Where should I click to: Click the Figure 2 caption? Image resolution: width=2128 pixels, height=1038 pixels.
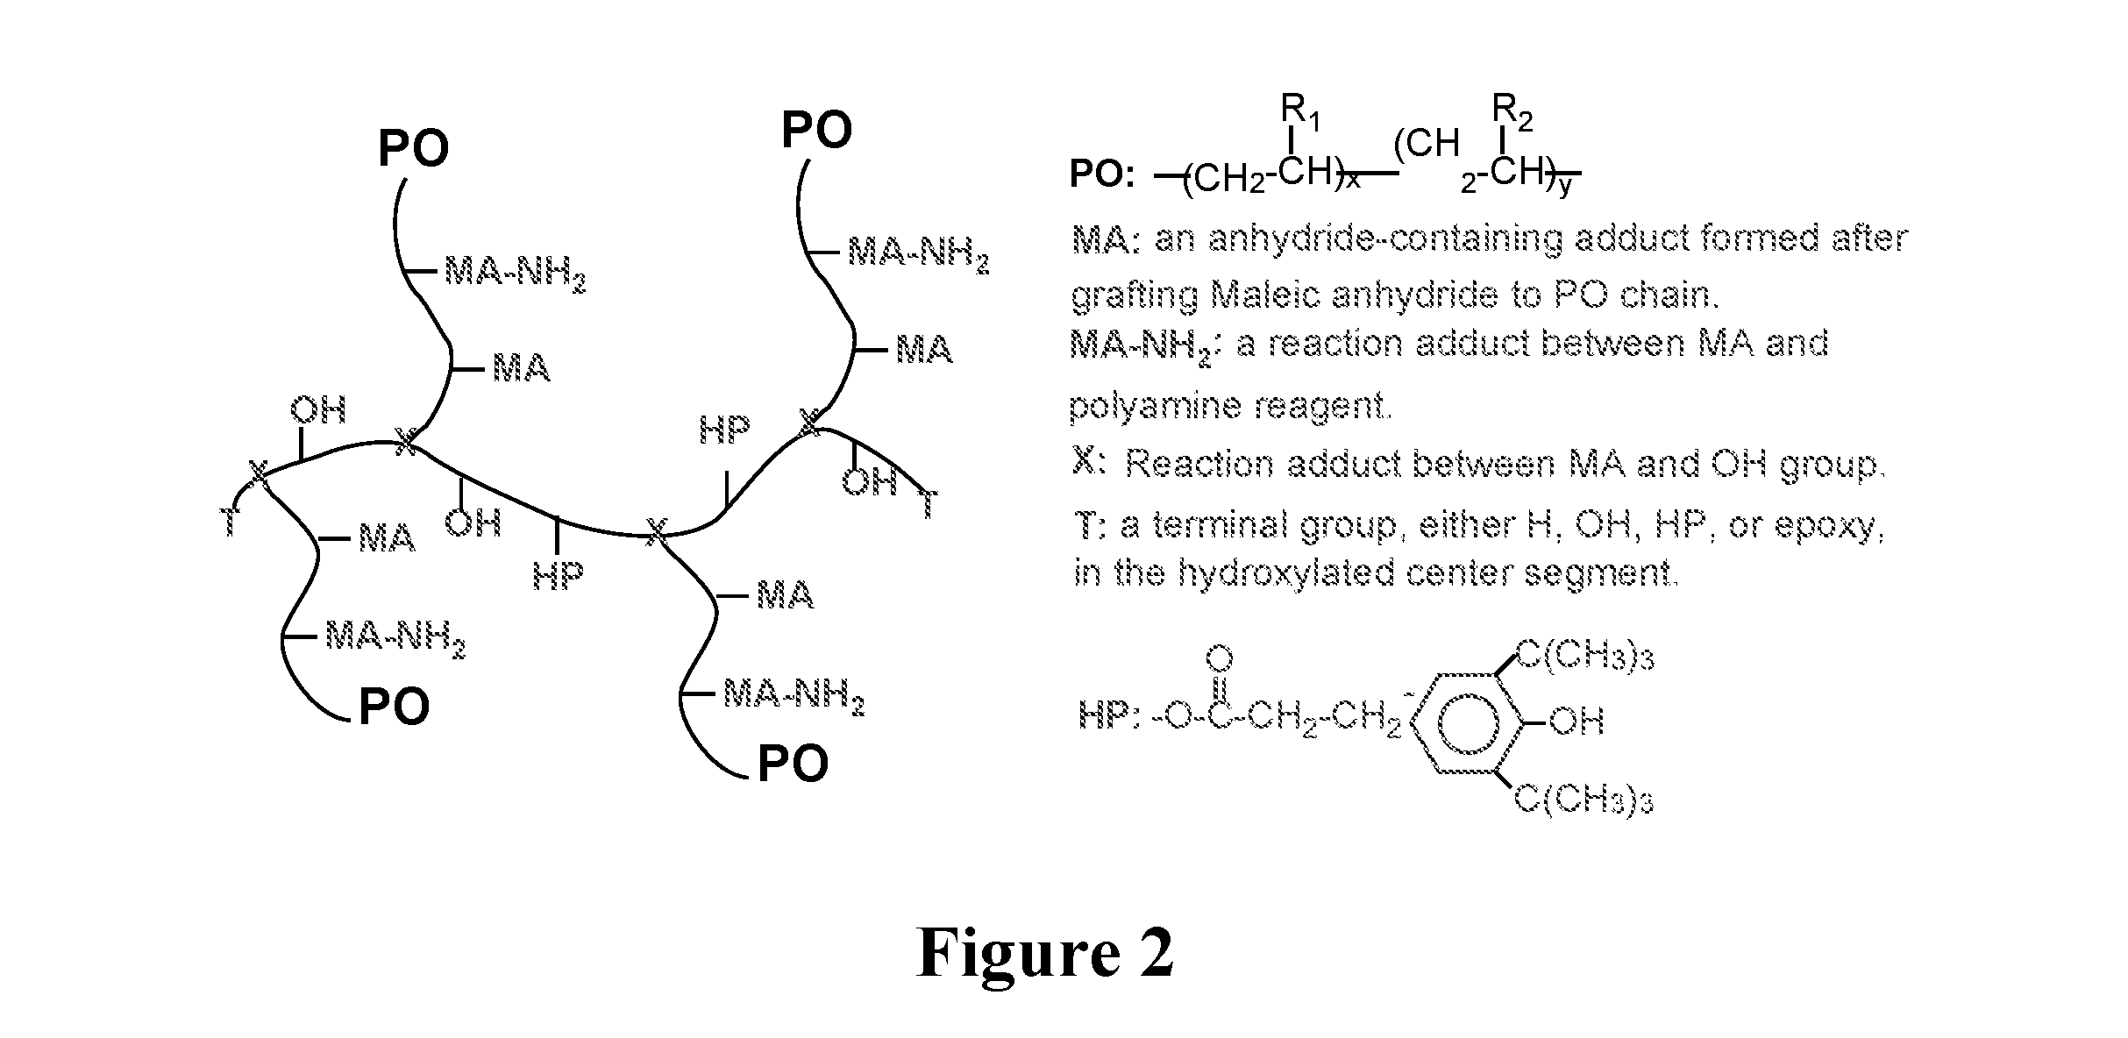(1044, 954)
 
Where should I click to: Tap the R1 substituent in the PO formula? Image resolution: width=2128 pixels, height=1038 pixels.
(1301, 112)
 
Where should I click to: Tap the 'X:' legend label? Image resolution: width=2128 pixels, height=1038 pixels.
(1089, 461)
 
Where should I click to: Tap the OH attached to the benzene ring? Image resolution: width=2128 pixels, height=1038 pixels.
(1576, 722)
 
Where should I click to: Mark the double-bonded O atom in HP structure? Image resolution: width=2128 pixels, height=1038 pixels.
(1221, 659)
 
